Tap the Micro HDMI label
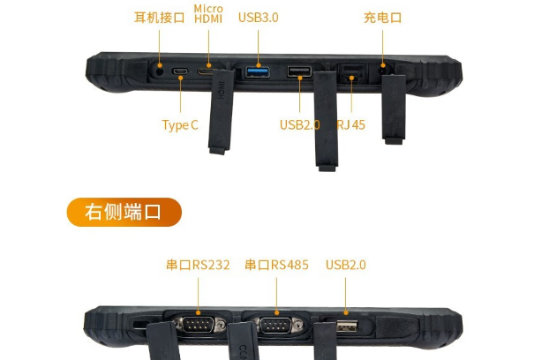point(208,14)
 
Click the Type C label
point(180,124)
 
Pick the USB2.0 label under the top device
point(299,124)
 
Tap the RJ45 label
point(350,124)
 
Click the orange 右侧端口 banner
point(124,213)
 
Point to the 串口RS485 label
point(276,265)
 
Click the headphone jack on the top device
point(160,67)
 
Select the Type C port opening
point(180,71)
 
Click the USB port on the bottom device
point(346,327)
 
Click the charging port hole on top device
point(382,67)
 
